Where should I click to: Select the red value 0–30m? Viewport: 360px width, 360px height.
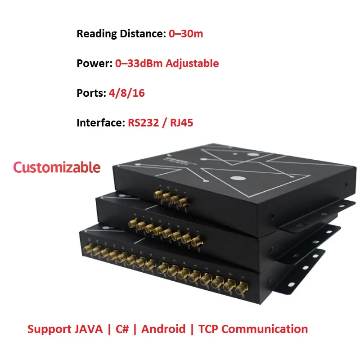pos(186,34)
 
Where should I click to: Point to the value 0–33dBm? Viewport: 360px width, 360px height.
pos(139,63)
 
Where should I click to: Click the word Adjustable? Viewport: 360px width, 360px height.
pos(192,63)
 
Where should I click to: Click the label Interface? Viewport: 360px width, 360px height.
pos(99,122)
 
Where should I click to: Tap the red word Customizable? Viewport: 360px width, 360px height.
pos(57,167)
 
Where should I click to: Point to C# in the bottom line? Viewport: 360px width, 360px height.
pos(122,329)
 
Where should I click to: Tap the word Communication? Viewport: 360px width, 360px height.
pos(265,329)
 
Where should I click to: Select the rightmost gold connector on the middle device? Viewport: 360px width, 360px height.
pos(196,242)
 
